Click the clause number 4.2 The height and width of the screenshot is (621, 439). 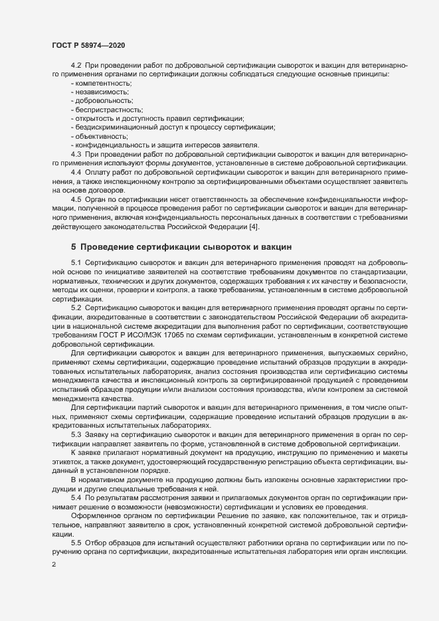click(x=76, y=66)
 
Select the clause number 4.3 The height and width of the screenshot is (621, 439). click(x=76, y=154)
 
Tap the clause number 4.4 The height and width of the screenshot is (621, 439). click(x=76, y=172)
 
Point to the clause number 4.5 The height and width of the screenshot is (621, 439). click(x=76, y=199)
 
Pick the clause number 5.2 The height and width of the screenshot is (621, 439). click(x=76, y=309)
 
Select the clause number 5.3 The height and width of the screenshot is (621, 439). click(x=76, y=434)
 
